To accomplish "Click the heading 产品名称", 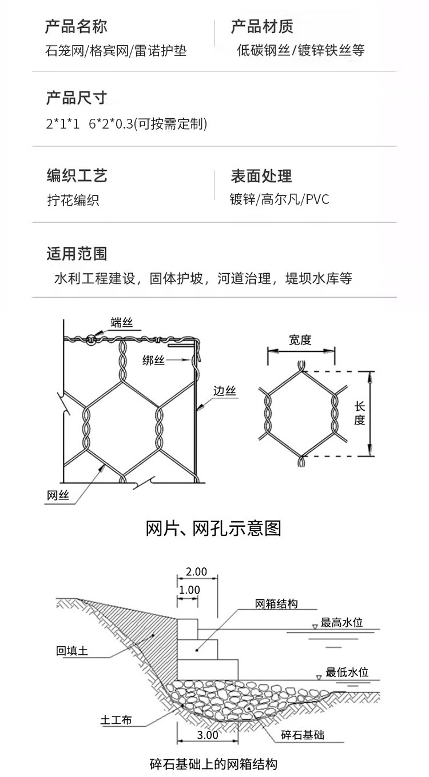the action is [x=76, y=26].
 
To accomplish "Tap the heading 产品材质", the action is [x=262, y=26].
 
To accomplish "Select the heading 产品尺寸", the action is [x=76, y=98].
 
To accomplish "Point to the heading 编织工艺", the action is [x=76, y=175].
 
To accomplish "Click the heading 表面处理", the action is [x=261, y=175].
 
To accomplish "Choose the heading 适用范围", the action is [x=76, y=254].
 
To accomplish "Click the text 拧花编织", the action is [x=73, y=201].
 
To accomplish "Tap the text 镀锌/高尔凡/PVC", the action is [x=279, y=200].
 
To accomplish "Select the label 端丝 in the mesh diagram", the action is [x=121, y=323].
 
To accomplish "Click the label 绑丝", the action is [x=153, y=359].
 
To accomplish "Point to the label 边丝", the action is [x=224, y=391].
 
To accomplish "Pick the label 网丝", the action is [x=57, y=496].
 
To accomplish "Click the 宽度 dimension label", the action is [x=300, y=340].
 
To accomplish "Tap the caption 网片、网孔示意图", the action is [x=214, y=528].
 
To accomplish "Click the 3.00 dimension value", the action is [x=207, y=735].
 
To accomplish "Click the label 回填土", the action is [x=72, y=650].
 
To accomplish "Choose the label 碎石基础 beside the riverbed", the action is [x=303, y=735].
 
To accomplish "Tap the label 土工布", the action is [x=116, y=720].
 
